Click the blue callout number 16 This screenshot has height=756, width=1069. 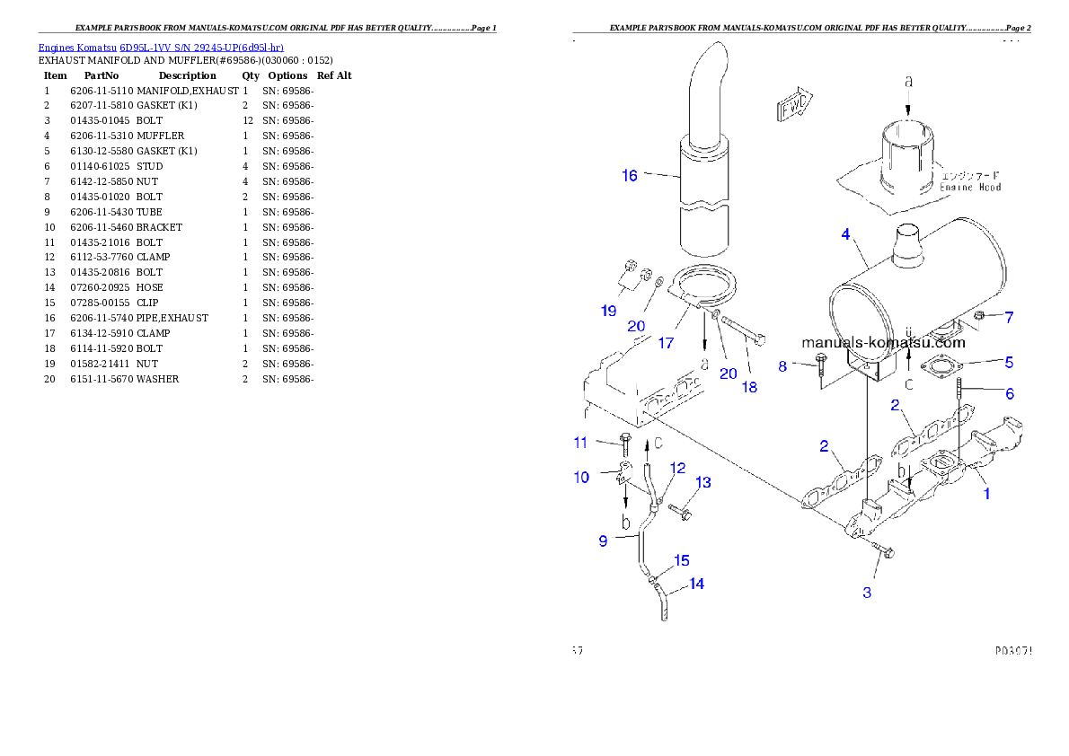(x=630, y=175)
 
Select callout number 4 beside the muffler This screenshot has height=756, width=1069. (x=845, y=234)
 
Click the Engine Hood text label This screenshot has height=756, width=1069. (x=970, y=182)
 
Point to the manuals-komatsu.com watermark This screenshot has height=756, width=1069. (x=883, y=342)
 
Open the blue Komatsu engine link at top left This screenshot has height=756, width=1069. (x=161, y=48)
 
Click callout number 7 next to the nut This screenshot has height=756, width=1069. (x=1009, y=317)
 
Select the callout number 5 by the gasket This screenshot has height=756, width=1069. (x=1009, y=363)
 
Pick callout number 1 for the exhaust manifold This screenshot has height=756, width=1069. (x=985, y=493)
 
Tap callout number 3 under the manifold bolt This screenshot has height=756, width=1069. (x=867, y=592)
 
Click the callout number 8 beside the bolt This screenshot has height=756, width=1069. (x=782, y=365)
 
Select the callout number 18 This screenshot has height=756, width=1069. (x=749, y=387)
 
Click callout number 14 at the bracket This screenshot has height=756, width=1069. (x=696, y=584)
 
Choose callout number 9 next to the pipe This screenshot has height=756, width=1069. (x=604, y=541)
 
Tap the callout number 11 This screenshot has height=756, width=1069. (x=580, y=442)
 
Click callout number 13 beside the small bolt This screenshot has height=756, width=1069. (x=702, y=482)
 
